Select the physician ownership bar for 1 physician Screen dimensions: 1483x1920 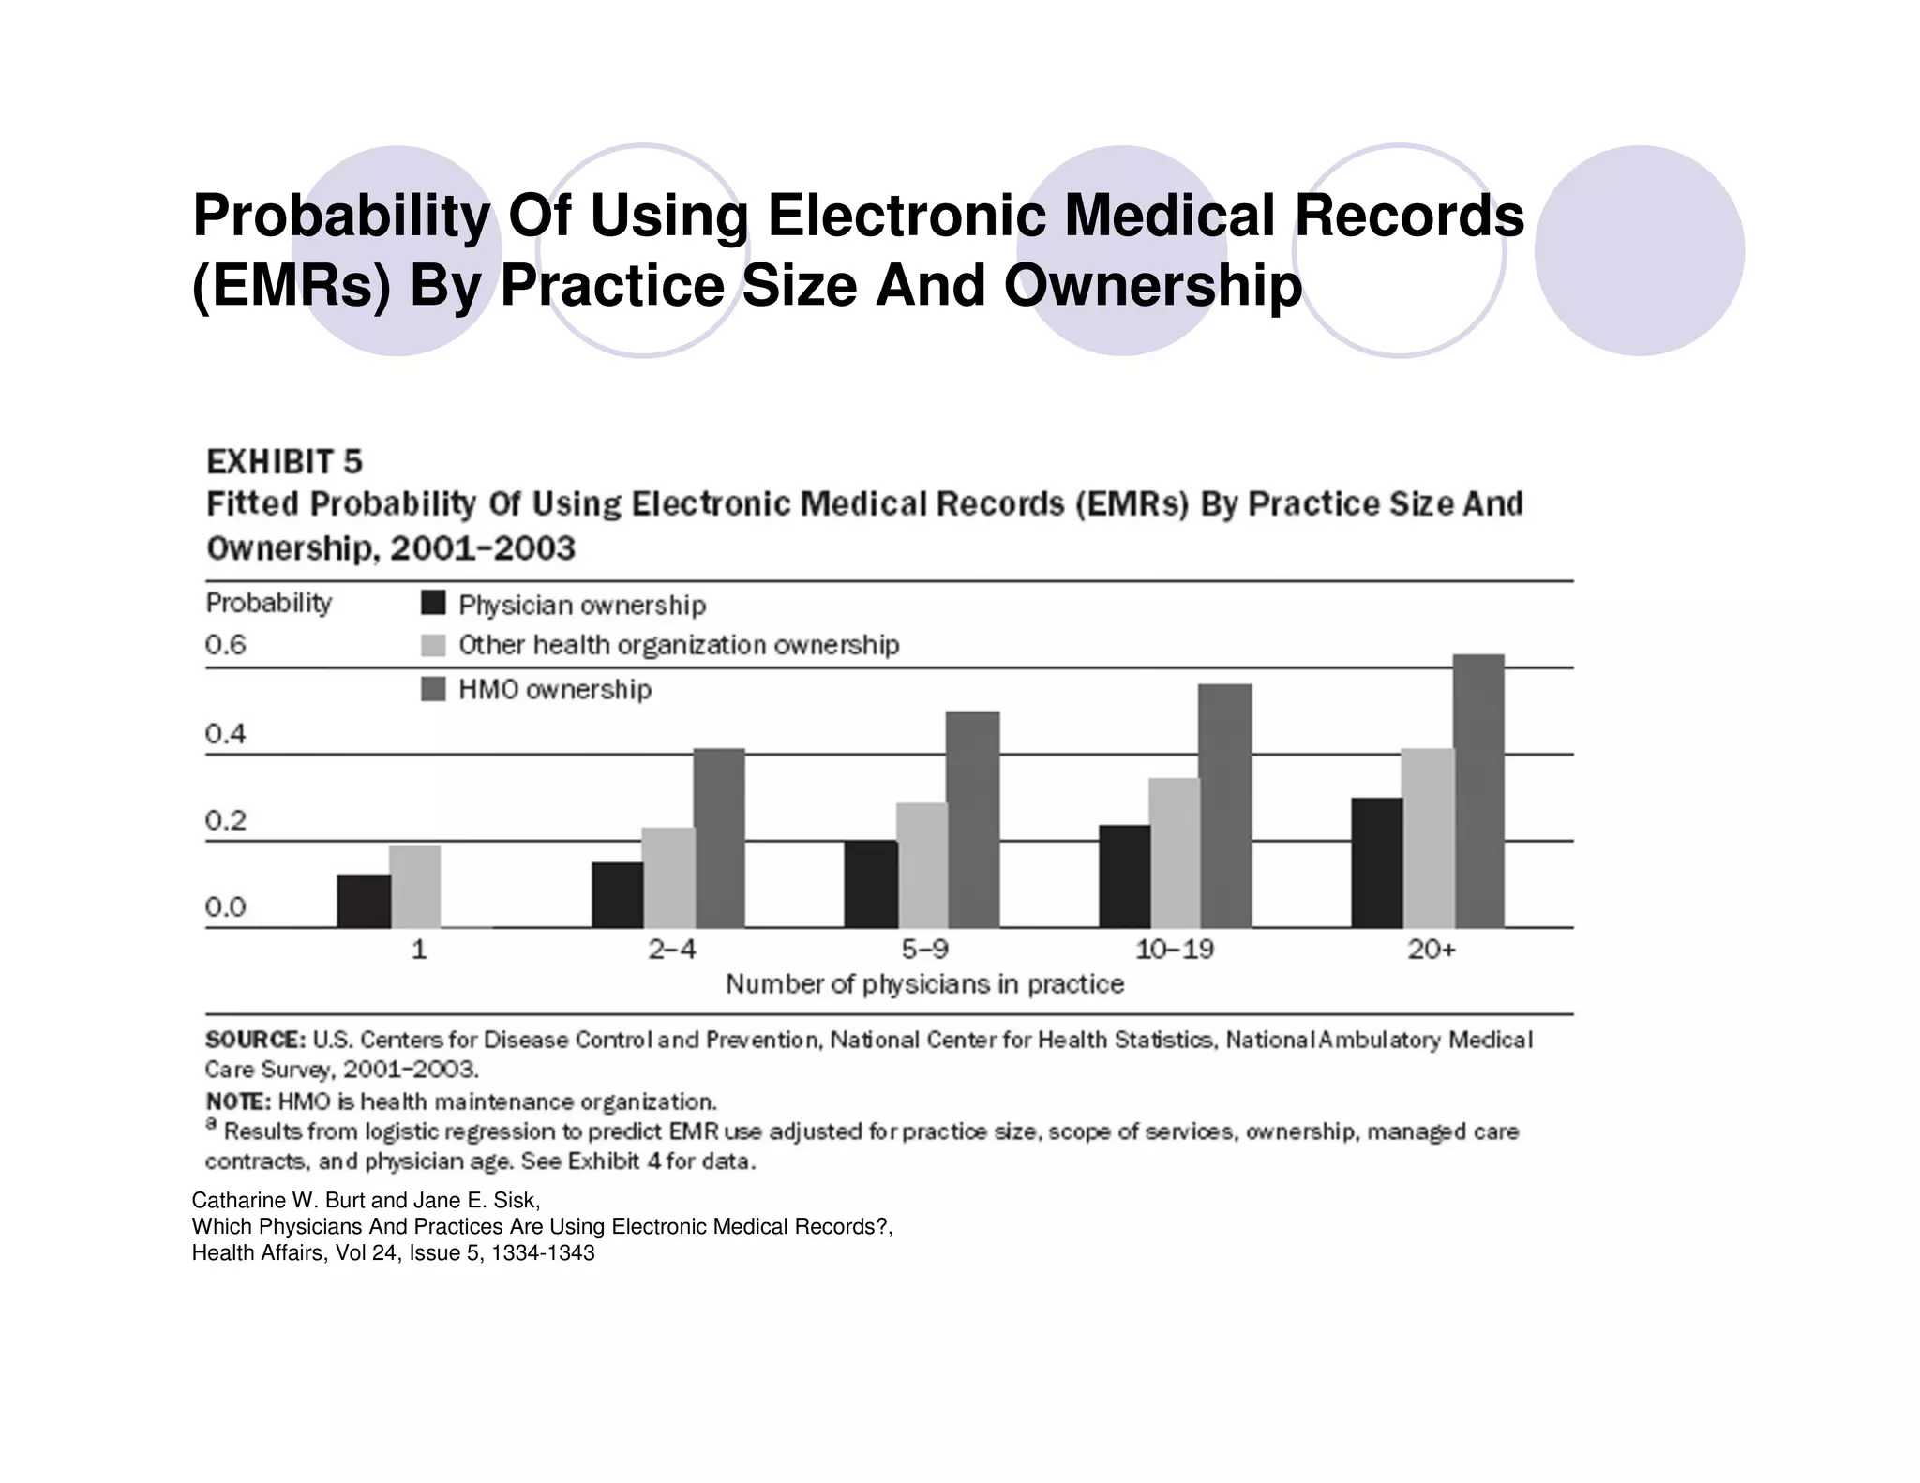[x=364, y=901]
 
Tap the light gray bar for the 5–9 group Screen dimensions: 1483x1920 [x=922, y=864]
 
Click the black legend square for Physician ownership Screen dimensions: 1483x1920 [x=433, y=603]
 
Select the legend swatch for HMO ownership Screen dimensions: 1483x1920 [x=433, y=689]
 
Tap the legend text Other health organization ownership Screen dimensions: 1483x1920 [x=679, y=645]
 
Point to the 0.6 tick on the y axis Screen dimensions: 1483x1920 [x=226, y=645]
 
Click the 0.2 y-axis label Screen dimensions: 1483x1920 [x=226, y=820]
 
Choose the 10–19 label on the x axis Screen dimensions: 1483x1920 [x=1174, y=950]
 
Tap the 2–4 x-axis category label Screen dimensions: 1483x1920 [x=672, y=950]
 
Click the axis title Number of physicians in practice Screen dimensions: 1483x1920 [x=924, y=984]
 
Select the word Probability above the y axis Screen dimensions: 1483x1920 [x=269, y=603]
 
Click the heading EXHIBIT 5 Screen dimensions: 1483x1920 [x=284, y=462]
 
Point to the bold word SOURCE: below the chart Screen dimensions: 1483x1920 [x=255, y=1040]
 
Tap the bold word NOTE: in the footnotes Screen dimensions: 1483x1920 [x=238, y=1101]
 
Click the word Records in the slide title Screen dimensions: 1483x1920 [x=1409, y=215]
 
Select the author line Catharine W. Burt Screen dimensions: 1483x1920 [x=366, y=1200]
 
